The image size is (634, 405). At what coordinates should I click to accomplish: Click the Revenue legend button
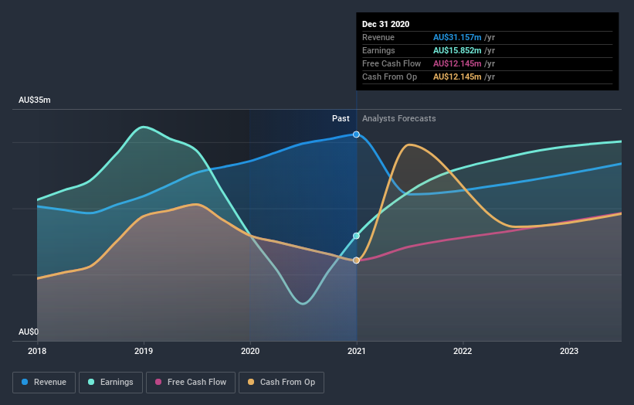[x=45, y=382]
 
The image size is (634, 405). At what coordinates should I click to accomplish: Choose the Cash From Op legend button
[x=281, y=382]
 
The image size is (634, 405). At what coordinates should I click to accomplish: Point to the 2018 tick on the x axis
[x=37, y=351]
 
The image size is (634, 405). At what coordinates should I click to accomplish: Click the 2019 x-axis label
[x=144, y=351]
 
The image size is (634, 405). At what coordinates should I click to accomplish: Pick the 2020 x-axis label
[x=250, y=351]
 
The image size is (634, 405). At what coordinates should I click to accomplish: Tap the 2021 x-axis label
[x=356, y=351]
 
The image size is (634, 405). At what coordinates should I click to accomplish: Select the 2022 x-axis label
[x=463, y=351]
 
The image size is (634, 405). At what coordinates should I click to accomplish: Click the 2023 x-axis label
[x=569, y=351]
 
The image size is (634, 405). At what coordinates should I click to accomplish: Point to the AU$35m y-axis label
[x=35, y=100]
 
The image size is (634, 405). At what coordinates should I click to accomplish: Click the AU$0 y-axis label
[x=29, y=332]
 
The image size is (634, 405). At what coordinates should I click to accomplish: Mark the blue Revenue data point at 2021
[x=356, y=134]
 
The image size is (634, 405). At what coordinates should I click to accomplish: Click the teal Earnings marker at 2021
[x=356, y=236]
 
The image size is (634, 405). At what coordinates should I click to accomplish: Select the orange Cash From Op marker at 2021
[x=356, y=260]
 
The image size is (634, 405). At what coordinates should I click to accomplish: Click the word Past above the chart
[x=341, y=119]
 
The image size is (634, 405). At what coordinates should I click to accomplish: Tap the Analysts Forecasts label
[x=398, y=119]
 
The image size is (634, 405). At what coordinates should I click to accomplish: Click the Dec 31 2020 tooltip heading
[x=386, y=24]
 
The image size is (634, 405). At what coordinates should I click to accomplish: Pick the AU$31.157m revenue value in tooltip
[x=458, y=37]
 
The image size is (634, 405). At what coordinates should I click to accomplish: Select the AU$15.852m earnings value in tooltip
[x=458, y=50]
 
